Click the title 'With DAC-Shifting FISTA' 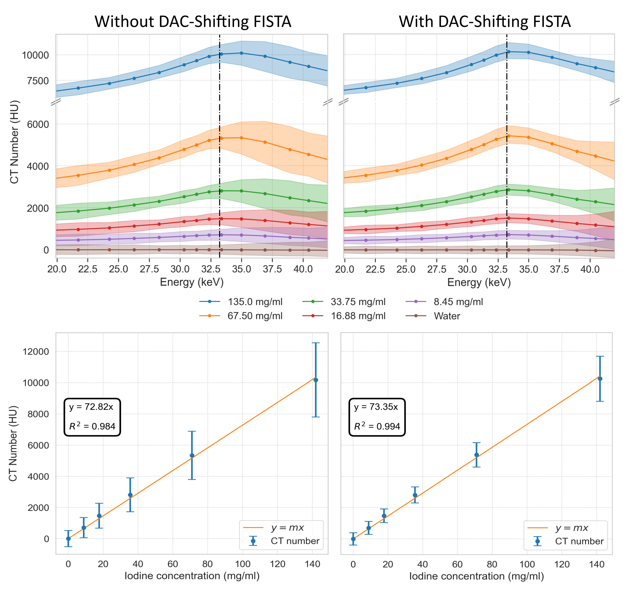(485, 21)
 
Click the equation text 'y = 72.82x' (91, 407)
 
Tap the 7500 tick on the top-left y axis (38, 81)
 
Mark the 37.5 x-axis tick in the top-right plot (559, 269)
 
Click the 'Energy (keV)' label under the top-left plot (192, 282)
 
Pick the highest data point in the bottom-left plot (316, 380)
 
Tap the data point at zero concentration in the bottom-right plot (353, 539)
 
